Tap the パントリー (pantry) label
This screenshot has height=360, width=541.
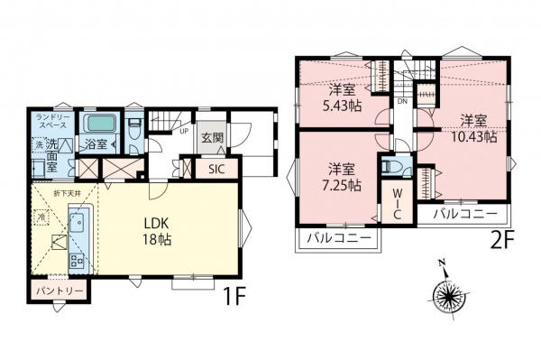(60, 291)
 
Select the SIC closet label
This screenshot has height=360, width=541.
(216, 168)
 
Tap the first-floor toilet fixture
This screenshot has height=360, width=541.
(133, 142)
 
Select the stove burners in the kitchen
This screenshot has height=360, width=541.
(78, 260)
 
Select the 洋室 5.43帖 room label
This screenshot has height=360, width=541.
(342, 97)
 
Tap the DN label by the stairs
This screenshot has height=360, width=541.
(403, 102)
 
